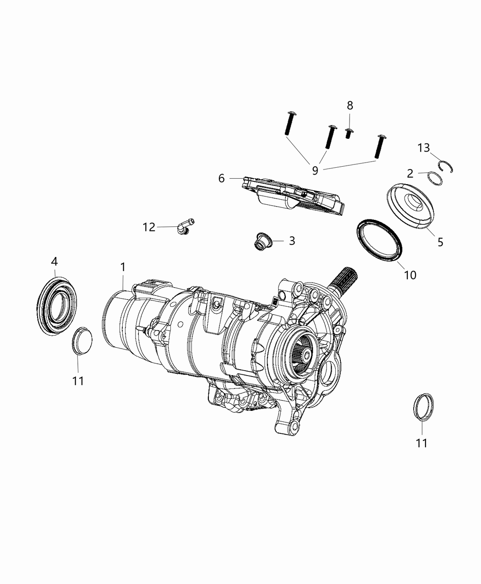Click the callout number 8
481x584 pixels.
coord(350,105)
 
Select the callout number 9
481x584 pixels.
coord(315,170)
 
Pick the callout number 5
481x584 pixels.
coord(440,242)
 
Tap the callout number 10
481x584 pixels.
coord(410,275)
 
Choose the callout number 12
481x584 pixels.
coord(149,227)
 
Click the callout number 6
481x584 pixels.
coord(221,178)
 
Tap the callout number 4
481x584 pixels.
coord(54,262)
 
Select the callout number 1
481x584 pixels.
coord(123,267)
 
